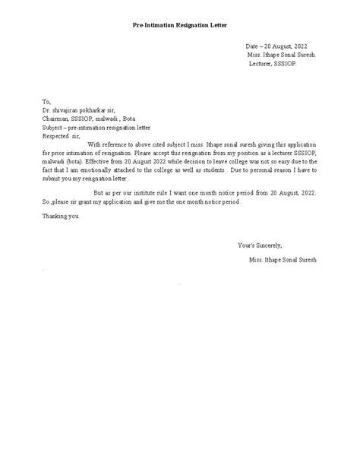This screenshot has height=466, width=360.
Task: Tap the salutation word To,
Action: [47, 101]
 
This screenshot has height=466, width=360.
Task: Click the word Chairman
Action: [55, 119]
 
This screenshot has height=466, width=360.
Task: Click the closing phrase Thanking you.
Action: [61, 217]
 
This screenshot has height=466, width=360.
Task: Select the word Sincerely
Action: [267, 246]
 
